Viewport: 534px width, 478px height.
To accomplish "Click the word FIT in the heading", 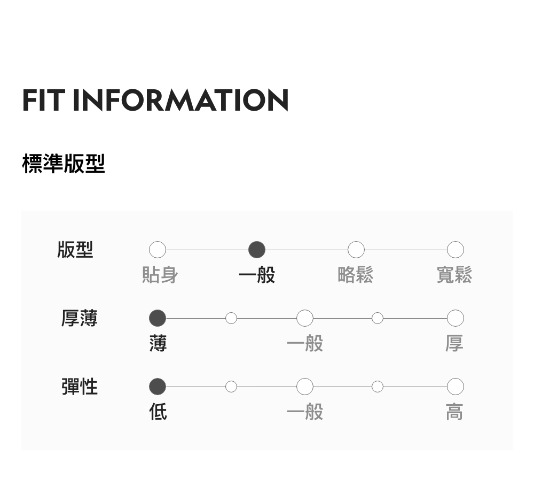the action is point(43,100).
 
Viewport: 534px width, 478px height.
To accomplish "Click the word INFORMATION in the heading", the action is point(180,100).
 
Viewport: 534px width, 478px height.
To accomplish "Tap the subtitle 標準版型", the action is point(64,164).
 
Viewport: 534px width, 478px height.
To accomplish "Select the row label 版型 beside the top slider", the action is point(75,250).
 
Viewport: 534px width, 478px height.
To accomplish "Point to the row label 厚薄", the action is point(80,318).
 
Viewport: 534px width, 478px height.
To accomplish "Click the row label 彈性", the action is point(80,386).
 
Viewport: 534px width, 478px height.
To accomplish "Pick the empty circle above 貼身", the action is point(158,250).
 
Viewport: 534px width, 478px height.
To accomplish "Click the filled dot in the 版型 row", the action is point(257,250).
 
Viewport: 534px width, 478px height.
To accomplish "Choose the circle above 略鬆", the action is point(356,250).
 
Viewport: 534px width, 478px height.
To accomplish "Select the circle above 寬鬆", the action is point(455,250).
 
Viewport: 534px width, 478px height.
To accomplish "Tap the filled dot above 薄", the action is point(158,318).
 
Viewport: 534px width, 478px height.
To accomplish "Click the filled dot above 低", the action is point(158,386).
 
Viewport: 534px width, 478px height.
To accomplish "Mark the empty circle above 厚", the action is point(455,318).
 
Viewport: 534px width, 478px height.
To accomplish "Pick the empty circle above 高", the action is point(455,386).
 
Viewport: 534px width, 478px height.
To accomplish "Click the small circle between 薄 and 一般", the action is point(231,318).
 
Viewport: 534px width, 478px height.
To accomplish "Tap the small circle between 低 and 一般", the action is point(231,386).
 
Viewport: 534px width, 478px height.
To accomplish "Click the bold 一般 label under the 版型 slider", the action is point(257,275).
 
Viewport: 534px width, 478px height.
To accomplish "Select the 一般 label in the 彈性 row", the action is point(305,412).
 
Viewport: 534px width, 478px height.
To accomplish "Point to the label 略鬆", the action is point(356,275).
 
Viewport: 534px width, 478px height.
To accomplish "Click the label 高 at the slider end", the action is point(454,412).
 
